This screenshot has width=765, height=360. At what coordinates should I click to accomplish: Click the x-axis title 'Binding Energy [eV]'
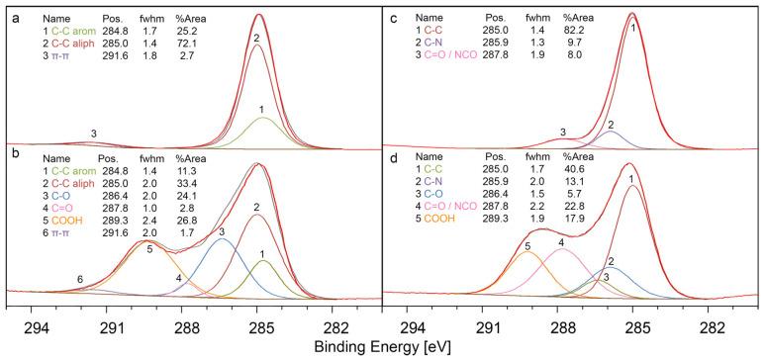pos(381,349)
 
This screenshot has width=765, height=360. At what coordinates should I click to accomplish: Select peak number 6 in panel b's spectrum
pos(79,281)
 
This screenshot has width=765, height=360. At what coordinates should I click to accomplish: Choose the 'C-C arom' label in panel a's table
pos(58,32)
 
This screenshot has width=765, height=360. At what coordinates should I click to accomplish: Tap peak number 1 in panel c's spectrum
pos(633,30)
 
